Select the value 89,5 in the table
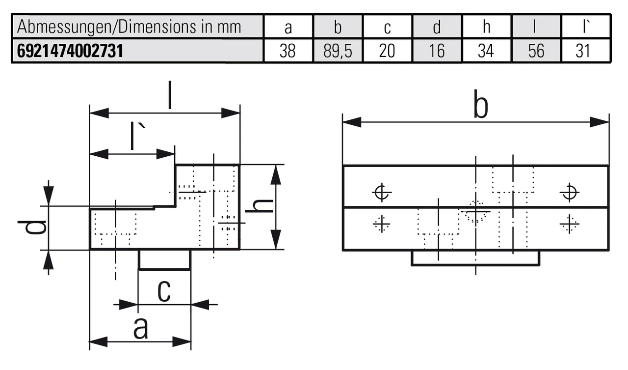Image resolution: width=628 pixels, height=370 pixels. [x=338, y=51]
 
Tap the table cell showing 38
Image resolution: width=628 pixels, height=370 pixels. [x=288, y=51]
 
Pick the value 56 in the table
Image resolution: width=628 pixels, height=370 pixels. [x=536, y=51]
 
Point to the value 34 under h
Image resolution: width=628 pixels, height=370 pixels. [x=486, y=51]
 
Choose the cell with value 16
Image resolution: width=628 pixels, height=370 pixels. [x=437, y=51]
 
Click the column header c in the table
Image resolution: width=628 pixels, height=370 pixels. [x=387, y=28]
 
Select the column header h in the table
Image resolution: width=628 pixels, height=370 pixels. [x=486, y=27]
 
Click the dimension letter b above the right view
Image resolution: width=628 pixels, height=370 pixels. [x=481, y=107]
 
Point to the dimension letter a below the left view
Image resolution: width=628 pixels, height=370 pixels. [x=140, y=329]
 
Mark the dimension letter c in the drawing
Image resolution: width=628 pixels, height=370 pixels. [x=164, y=291]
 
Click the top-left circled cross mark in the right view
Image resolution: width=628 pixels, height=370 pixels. [x=382, y=192]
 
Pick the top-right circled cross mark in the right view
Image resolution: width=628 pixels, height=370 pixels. [x=569, y=192]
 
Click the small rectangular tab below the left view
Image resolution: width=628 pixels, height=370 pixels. [x=164, y=259]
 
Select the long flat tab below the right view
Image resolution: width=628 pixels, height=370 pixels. [x=475, y=258]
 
